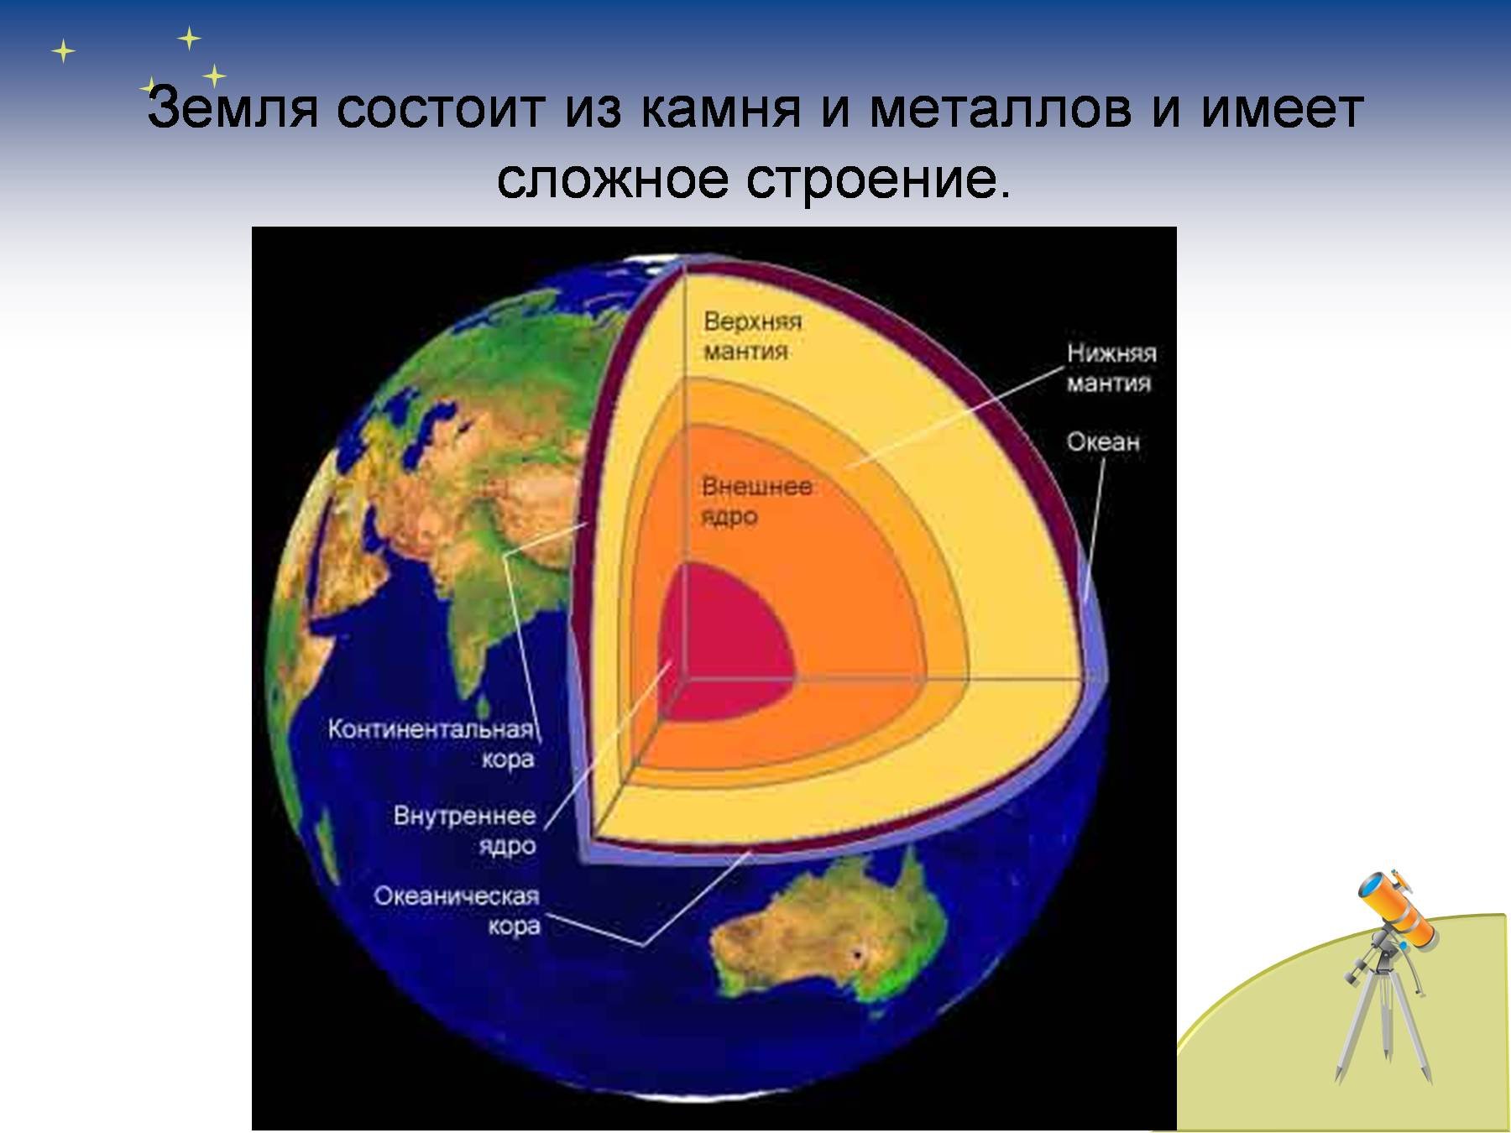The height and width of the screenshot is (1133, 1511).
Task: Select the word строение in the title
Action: point(878,180)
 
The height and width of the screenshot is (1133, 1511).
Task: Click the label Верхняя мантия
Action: point(753,337)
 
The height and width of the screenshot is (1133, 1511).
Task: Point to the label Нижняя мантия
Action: point(1111,368)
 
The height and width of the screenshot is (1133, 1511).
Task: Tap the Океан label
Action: point(1103,441)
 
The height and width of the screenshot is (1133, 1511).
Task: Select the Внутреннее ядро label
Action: point(464,830)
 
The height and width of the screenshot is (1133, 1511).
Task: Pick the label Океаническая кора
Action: point(457,911)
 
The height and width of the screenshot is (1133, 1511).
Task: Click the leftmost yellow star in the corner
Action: point(63,52)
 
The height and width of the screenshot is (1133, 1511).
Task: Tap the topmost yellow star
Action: point(190,38)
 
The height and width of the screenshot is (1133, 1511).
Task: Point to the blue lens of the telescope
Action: point(1369,885)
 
